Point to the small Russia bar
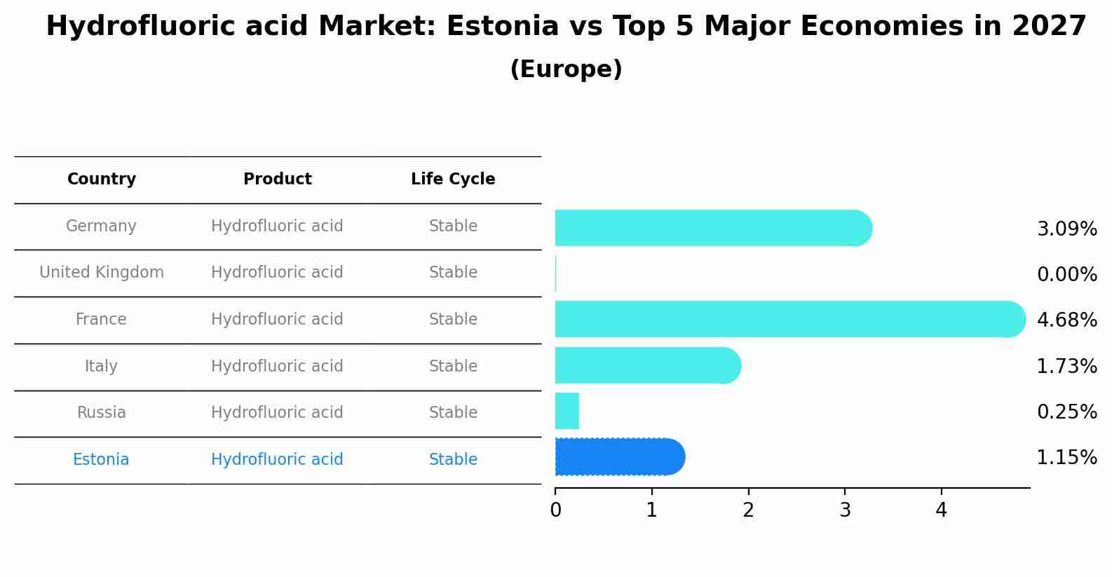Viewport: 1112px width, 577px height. [x=567, y=411]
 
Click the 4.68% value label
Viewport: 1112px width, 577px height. [x=1066, y=320]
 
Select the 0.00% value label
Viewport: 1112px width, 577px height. [x=1066, y=275]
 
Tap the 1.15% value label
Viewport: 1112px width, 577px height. [x=1066, y=458]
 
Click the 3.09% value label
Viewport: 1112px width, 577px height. [x=1066, y=229]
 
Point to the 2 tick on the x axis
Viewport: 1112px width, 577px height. [x=748, y=510]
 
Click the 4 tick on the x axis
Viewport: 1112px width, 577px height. [x=941, y=510]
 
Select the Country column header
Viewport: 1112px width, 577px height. [x=102, y=179]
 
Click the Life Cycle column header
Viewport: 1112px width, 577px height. [x=453, y=179]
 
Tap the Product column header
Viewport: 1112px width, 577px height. [x=277, y=179]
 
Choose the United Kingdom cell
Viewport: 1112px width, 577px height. [x=102, y=273]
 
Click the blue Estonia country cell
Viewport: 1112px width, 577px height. [x=101, y=460]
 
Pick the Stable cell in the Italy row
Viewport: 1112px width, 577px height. [x=453, y=367]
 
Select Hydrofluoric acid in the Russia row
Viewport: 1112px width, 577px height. [x=277, y=413]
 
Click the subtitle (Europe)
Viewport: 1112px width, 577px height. [x=566, y=69]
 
